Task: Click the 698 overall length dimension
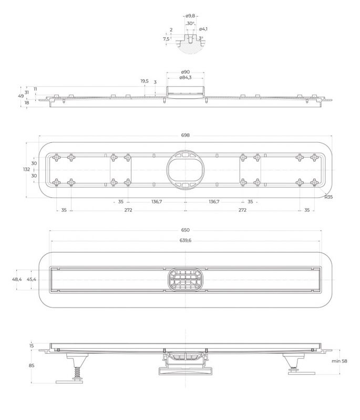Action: (x=185, y=135)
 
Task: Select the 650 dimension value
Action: (x=185, y=230)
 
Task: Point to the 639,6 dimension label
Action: (x=185, y=240)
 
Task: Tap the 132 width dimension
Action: (x=26, y=170)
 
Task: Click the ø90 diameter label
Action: (x=185, y=71)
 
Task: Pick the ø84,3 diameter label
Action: (x=185, y=78)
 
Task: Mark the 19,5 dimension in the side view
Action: (x=145, y=81)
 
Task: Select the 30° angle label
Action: (x=190, y=24)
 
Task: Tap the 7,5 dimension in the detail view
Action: (x=166, y=39)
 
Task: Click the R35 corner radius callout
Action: (x=328, y=197)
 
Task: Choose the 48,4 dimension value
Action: (x=17, y=279)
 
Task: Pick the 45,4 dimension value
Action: (x=32, y=279)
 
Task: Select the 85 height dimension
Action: (x=32, y=365)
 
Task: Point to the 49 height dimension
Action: (x=21, y=96)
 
